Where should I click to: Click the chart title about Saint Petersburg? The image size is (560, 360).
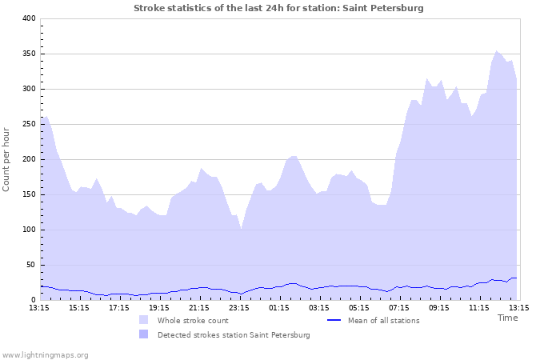point(278,8)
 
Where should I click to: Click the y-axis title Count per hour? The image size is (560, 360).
point(7,159)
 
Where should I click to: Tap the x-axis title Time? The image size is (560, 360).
point(507,318)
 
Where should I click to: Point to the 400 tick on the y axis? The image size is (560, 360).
point(27,18)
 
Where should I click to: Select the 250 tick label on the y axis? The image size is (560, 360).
point(27,124)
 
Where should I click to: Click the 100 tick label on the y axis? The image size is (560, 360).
point(27,230)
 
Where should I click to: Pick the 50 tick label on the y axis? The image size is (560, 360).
point(30,265)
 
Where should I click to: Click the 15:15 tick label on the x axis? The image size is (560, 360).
point(79,307)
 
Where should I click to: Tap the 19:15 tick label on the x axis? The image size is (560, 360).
point(159,307)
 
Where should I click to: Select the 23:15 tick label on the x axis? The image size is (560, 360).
point(239,307)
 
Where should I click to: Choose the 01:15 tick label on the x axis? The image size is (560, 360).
point(279,307)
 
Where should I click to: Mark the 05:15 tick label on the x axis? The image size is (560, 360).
point(359,307)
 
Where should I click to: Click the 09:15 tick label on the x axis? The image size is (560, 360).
point(439,307)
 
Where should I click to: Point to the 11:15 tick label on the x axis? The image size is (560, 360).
point(479,307)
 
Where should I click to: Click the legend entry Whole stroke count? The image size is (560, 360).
point(193,321)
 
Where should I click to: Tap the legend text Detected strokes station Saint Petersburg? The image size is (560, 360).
point(233,335)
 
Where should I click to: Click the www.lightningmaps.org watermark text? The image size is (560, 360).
point(45,354)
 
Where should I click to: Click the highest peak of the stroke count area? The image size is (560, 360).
point(497,51)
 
